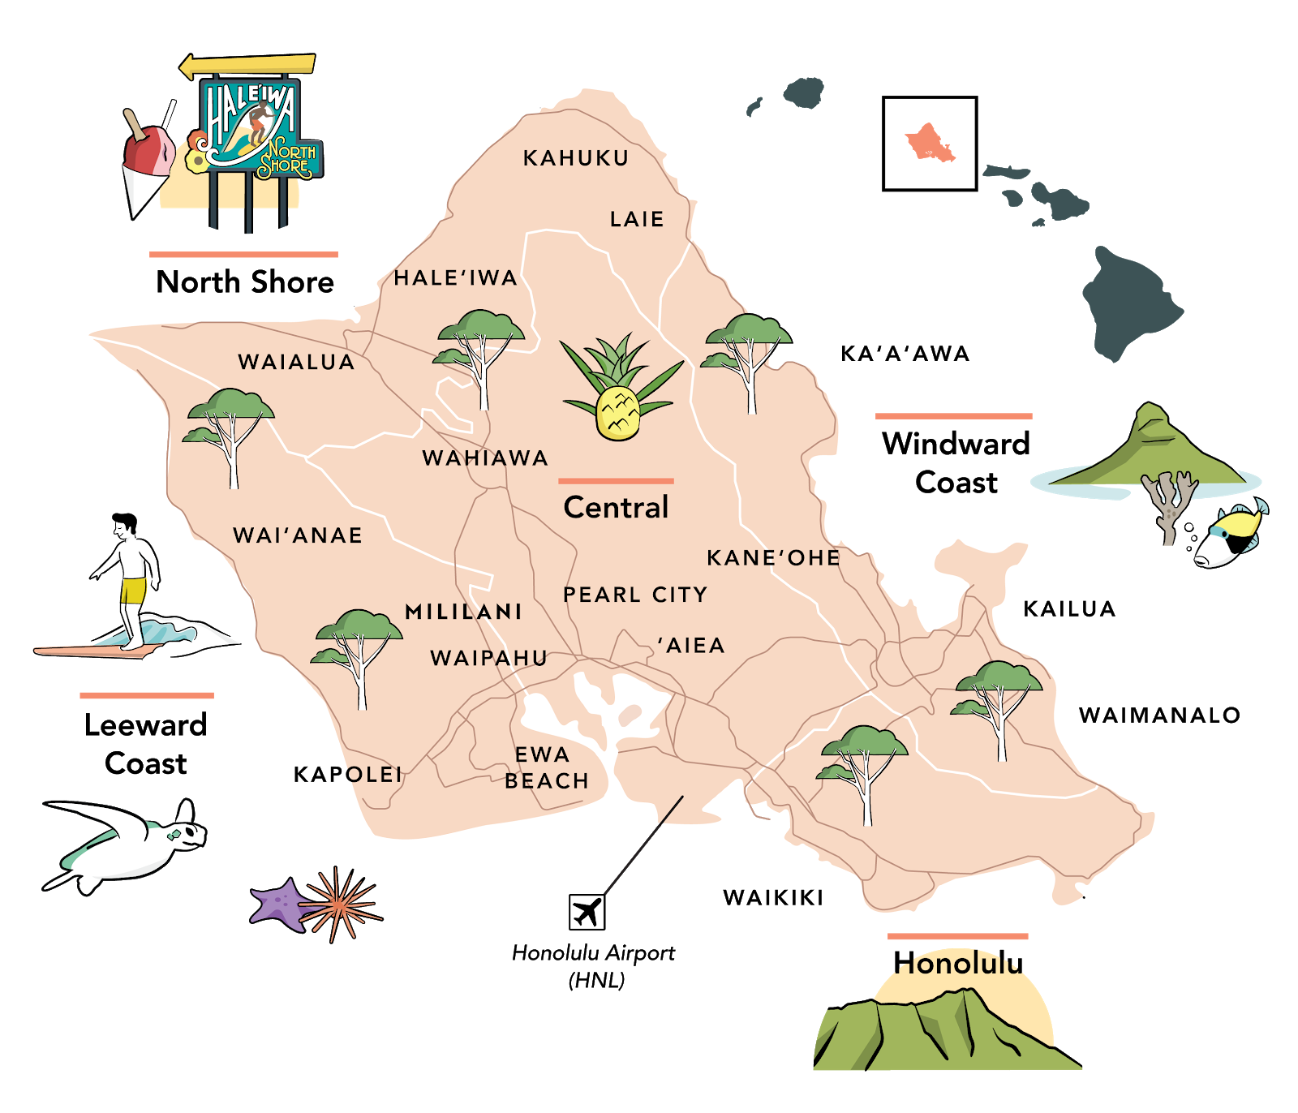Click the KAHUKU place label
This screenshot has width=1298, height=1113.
point(576,158)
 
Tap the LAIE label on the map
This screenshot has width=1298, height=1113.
point(637,219)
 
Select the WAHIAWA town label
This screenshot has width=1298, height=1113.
point(485,458)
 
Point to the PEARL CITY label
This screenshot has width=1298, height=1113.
point(635,595)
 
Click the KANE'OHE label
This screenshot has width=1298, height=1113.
point(773,557)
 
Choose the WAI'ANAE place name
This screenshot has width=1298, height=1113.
point(298,535)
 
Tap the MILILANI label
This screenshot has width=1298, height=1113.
point(463,612)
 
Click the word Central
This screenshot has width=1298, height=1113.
point(616,508)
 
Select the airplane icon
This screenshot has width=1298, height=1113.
point(587,912)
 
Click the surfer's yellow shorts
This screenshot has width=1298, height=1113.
point(133,590)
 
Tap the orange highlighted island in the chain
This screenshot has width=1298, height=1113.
point(929,142)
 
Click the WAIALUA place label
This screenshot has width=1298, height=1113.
point(296,362)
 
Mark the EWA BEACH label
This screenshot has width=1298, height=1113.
point(546,767)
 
